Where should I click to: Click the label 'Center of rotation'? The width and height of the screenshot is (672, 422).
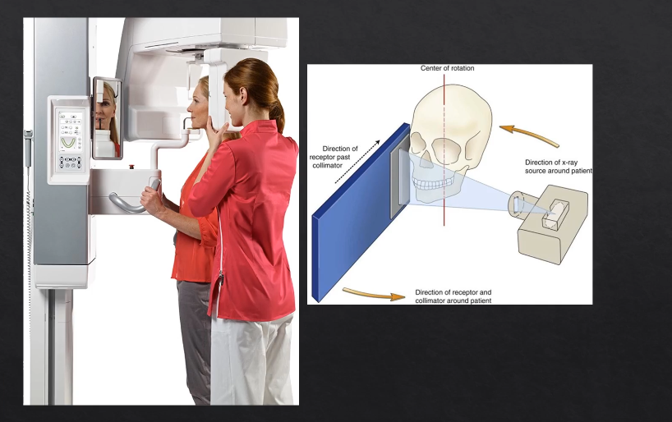[447, 69]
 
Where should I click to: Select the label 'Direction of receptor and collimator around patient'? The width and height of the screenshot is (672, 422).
[453, 296]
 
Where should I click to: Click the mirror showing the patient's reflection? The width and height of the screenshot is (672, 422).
[106, 117]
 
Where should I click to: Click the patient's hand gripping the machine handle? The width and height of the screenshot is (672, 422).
[151, 197]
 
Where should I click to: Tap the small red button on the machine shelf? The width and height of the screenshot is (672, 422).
[131, 167]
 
